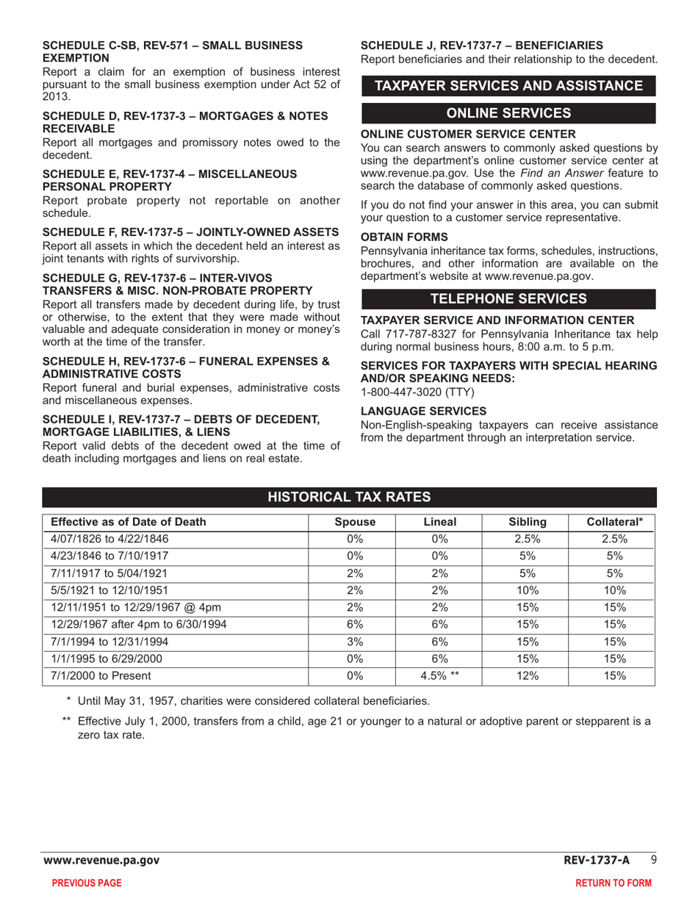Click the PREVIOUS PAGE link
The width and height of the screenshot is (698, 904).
click(87, 883)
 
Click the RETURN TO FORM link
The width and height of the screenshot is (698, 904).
click(614, 883)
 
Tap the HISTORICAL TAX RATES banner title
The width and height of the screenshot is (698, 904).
click(349, 498)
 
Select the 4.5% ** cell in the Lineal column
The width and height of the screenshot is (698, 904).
click(439, 676)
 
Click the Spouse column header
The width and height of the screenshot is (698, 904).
click(355, 523)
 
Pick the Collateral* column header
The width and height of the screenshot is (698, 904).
click(615, 523)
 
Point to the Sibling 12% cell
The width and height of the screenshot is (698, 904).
click(528, 676)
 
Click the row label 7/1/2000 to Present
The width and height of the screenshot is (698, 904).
click(101, 676)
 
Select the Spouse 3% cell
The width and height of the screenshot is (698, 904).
click(355, 642)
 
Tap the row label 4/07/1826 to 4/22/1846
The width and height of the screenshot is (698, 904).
click(104, 539)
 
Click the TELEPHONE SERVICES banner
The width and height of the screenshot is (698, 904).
click(508, 298)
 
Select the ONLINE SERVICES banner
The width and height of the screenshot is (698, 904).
click(508, 113)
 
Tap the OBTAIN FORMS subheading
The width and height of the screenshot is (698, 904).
click(404, 237)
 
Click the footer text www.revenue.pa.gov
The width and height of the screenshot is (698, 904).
click(101, 860)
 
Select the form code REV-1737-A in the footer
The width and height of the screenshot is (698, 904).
click(597, 860)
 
